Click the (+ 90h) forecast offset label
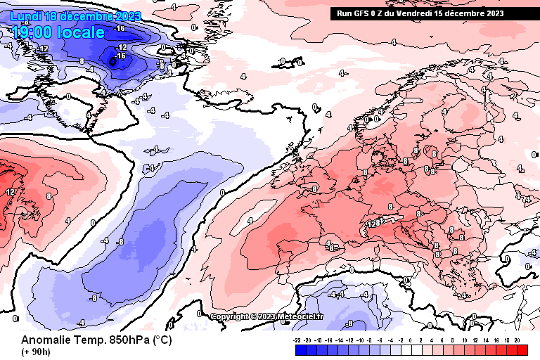[x=34, y=352]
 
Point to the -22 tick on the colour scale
[x=298, y=339]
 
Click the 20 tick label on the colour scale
[x=517, y=339]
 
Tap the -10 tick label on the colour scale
[x=360, y=339]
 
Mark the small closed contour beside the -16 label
[x=113, y=63]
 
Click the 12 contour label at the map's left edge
[x=11, y=191]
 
